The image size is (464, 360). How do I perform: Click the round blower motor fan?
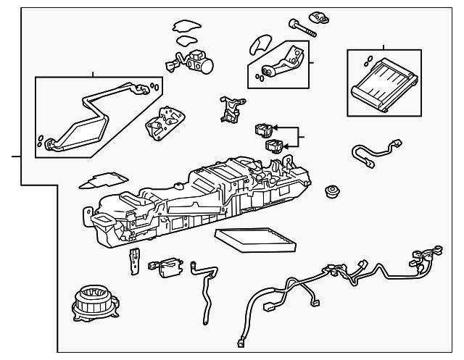(92, 304)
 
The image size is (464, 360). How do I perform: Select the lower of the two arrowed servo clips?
(275, 147)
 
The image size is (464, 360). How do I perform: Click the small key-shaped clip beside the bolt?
(319, 16)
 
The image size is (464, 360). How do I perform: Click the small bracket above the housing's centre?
(230, 109)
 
